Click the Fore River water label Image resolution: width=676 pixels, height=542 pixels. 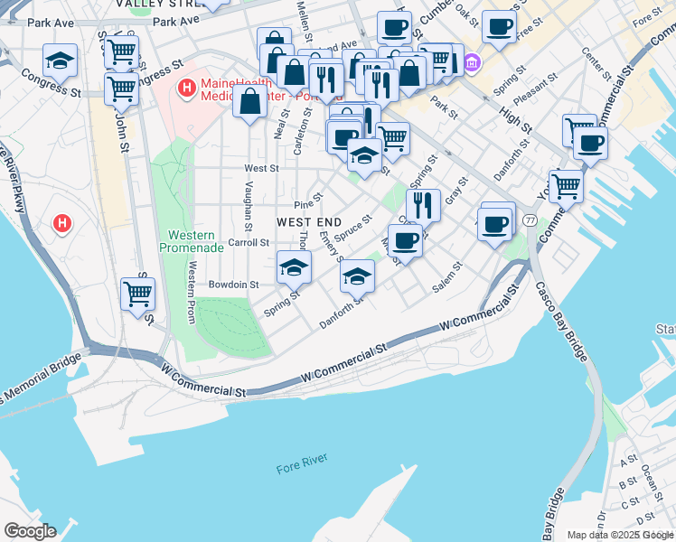300,468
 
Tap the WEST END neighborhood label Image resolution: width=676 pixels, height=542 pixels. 308,222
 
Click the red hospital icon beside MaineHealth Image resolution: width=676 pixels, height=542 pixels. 187,88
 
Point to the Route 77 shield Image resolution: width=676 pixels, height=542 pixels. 530,220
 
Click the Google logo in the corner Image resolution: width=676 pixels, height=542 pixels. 29,531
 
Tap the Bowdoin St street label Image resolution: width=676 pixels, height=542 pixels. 234,284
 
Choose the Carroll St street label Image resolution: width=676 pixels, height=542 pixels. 249,243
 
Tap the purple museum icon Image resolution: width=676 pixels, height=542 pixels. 473,63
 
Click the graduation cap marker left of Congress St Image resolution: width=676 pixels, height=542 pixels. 60,61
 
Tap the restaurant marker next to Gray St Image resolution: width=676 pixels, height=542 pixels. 423,204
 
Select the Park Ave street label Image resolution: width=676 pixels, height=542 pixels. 175,21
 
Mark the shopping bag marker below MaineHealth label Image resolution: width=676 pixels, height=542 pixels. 249,104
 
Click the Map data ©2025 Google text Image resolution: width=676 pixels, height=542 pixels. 620,535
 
